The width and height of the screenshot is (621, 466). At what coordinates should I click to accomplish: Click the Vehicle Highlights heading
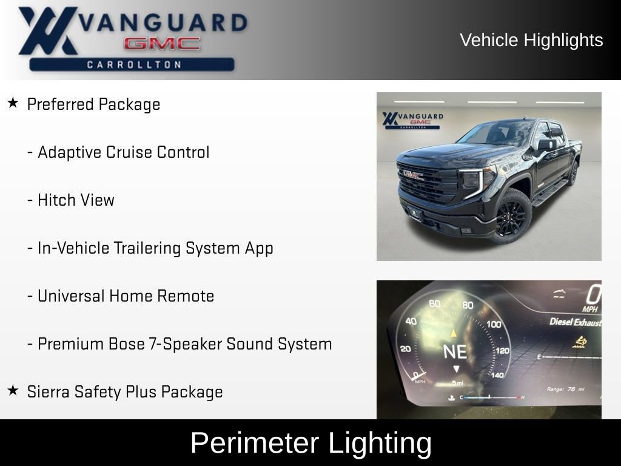(531, 40)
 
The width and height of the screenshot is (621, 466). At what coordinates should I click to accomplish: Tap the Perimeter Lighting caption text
(310, 443)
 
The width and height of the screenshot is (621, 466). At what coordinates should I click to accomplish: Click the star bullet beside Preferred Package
(13, 103)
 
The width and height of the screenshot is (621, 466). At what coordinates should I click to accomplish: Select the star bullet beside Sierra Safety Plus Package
(13, 391)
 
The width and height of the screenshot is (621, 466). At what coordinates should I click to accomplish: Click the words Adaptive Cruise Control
(123, 152)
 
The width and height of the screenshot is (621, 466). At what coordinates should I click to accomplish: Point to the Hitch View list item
(76, 200)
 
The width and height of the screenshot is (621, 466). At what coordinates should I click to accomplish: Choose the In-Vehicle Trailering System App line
(155, 248)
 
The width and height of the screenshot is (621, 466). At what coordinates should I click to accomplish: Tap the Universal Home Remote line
(126, 296)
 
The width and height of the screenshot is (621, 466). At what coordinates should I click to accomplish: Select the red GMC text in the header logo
(162, 44)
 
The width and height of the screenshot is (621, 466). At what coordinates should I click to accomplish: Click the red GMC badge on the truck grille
(414, 175)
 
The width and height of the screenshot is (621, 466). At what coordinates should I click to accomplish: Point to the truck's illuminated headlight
(473, 180)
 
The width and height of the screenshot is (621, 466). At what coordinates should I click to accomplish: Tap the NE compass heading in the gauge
(455, 351)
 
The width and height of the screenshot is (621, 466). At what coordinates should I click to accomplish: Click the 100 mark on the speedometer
(494, 324)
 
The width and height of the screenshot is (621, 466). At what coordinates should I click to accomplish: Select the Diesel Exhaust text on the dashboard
(575, 322)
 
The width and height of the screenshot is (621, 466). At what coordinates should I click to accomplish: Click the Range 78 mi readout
(565, 389)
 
